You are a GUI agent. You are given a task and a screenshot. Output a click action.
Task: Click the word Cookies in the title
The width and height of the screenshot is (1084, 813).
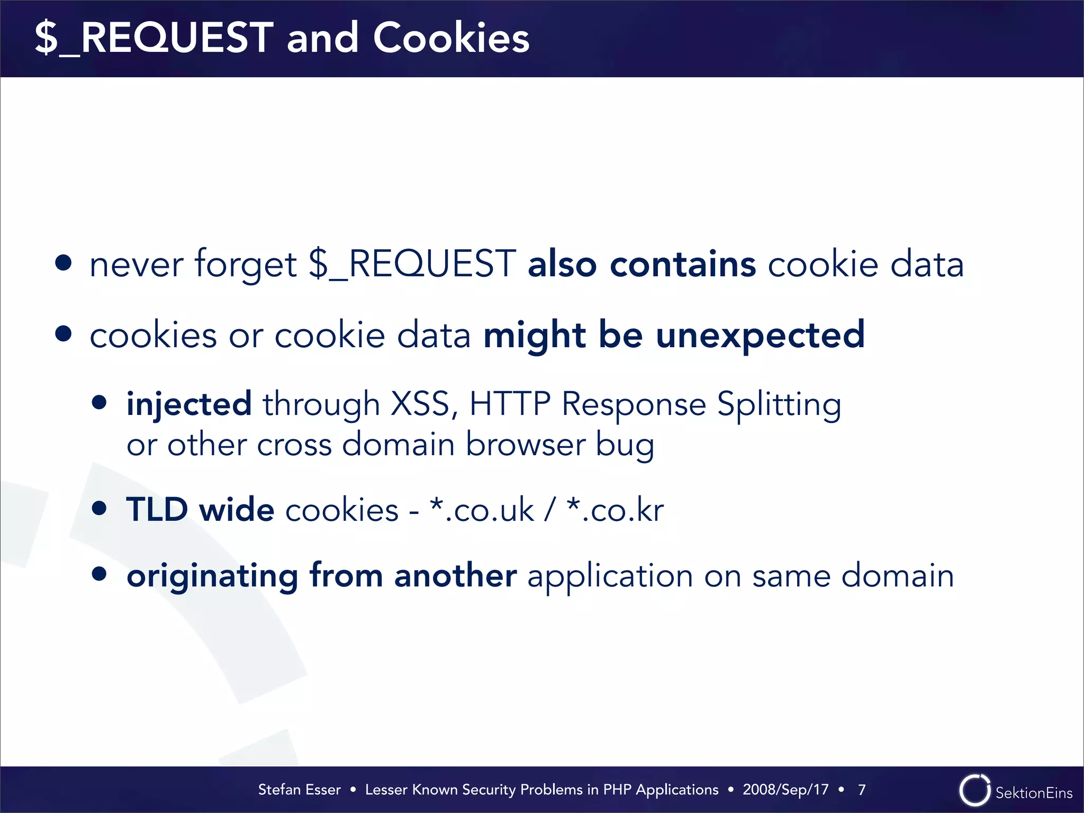pos(450,38)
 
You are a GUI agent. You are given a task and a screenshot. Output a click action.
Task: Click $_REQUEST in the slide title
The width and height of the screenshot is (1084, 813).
pos(154,38)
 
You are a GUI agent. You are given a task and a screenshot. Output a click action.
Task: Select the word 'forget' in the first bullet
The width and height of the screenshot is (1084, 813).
pos(246,265)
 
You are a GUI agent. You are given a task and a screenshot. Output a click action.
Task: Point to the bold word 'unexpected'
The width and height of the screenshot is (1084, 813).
pos(760,336)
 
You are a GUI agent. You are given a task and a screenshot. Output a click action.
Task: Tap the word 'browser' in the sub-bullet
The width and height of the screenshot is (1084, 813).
pos(525,444)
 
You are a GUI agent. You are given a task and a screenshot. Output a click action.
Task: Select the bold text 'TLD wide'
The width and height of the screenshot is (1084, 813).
pos(200,510)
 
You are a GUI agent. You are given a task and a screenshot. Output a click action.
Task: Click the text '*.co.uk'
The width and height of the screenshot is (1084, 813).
pos(482,510)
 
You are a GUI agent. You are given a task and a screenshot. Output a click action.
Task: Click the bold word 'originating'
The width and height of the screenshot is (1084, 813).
pos(212,576)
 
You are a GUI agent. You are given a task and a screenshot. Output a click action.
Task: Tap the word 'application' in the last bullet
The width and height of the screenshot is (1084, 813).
pos(610,576)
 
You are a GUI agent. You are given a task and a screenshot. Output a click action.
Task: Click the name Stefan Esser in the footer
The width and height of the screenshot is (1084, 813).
pos(299,790)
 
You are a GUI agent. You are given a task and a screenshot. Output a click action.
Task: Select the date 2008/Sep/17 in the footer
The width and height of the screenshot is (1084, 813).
pos(785,790)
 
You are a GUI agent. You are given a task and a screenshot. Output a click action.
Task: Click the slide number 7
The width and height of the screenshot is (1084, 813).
pos(862,790)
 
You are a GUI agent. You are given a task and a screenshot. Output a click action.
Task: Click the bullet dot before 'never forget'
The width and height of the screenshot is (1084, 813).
pos(64,263)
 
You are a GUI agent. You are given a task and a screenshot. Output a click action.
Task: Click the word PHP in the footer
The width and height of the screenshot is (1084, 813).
pos(617,790)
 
